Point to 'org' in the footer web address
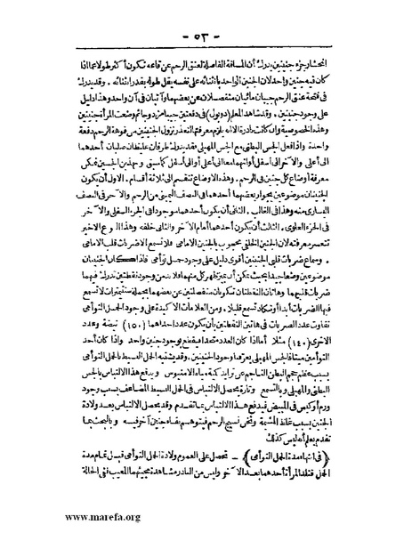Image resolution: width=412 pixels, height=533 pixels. [119, 513]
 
